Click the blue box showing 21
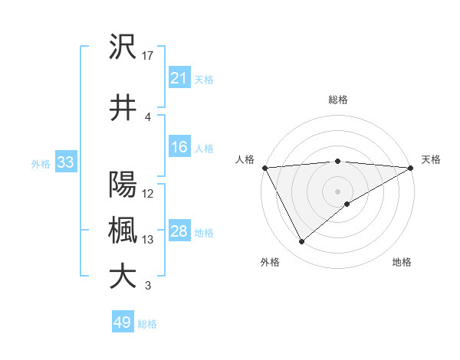coord(179,78)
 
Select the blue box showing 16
coord(179,147)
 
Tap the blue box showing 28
coord(179,231)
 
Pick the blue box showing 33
coord(64,162)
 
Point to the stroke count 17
coord(149,55)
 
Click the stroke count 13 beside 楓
coord(149,240)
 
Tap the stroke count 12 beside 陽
coord(149,193)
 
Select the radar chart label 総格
coord(337,100)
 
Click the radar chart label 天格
coord(431,159)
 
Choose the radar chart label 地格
coord(402,262)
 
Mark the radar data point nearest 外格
coord(301,242)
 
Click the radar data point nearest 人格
coord(264,168)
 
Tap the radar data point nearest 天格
coord(411,168)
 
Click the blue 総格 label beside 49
coord(147,323)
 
